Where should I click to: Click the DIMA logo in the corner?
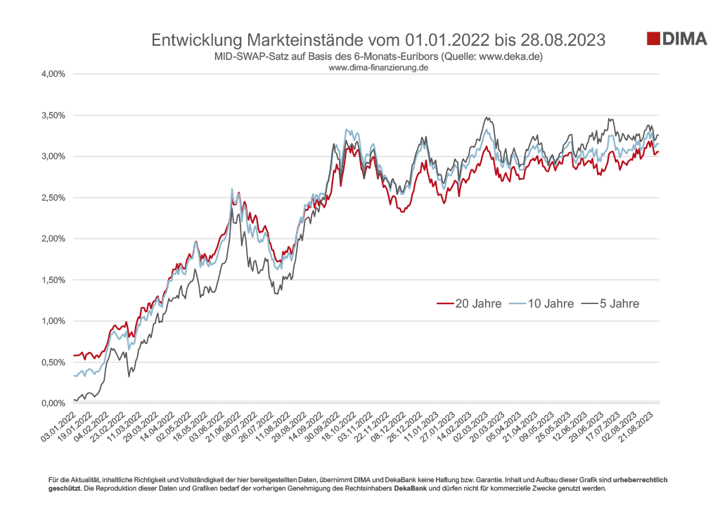click(x=676, y=39)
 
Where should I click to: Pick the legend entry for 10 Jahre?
click(x=544, y=304)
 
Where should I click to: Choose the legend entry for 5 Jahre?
click(x=614, y=304)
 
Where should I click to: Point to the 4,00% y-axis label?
click(x=51, y=74)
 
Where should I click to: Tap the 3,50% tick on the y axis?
click(x=51, y=115)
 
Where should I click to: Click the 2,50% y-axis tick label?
click(x=51, y=198)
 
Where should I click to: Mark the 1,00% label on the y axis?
click(x=51, y=321)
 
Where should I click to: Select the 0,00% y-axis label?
click(x=51, y=403)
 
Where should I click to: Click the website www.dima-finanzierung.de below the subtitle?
click(x=379, y=68)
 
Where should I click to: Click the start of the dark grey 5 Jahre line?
click(x=74, y=400)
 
